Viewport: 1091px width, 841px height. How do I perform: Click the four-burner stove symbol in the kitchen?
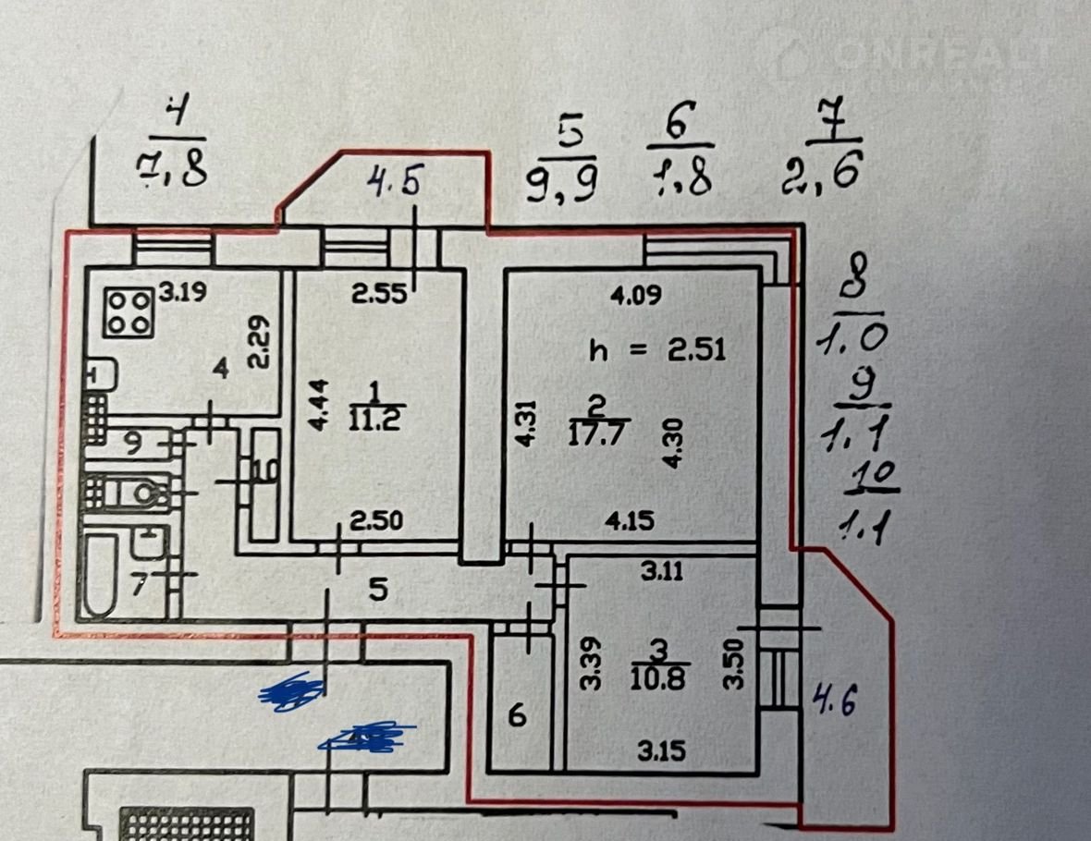[129, 313]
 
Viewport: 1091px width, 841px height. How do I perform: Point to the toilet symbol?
[148, 493]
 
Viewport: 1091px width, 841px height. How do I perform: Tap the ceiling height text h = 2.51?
[658, 350]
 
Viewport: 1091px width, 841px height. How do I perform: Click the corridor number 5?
[377, 589]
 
